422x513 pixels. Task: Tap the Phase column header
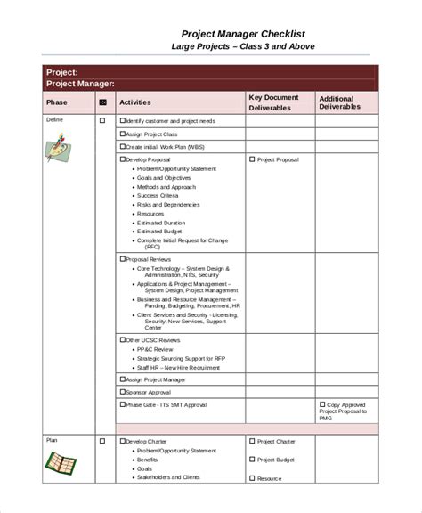(x=55, y=102)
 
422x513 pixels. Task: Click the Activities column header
(x=135, y=102)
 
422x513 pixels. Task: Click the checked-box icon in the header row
(x=101, y=102)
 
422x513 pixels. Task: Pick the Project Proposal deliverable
(x=278, y=160)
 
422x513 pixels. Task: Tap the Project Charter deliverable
(x=276, y=441)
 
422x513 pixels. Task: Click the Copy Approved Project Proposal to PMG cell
(x=345, y=411)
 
